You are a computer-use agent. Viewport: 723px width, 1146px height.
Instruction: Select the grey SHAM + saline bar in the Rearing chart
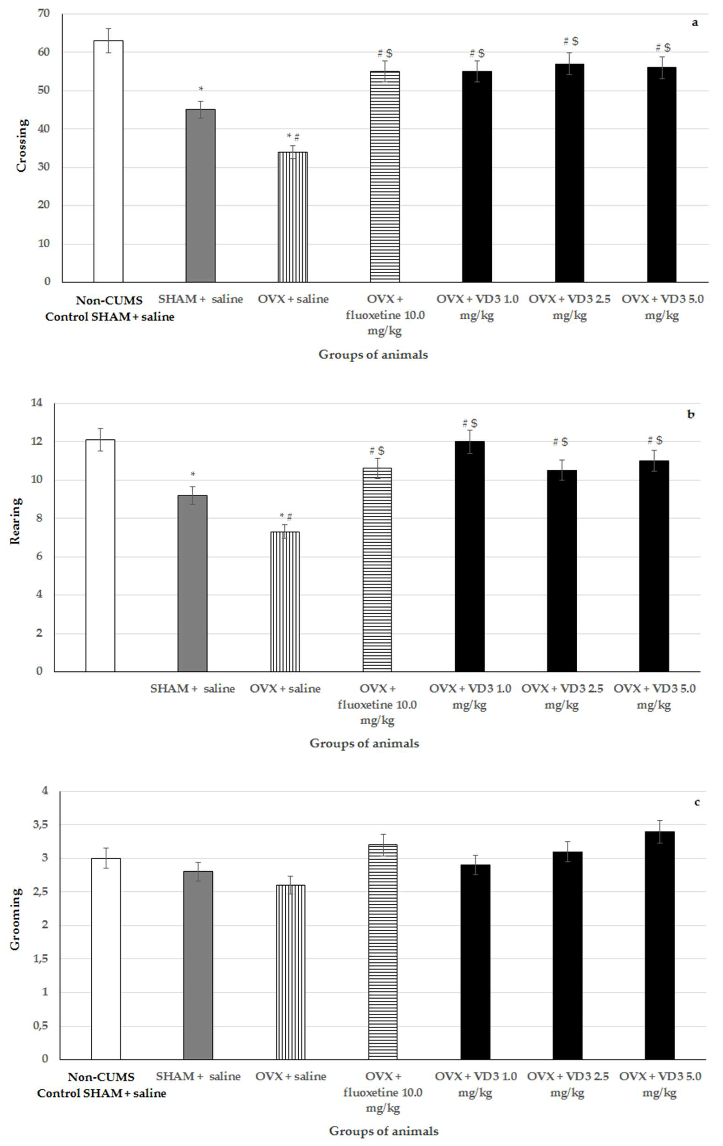point(192,583)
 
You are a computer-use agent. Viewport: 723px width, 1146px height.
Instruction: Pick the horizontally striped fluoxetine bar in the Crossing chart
point(385,176)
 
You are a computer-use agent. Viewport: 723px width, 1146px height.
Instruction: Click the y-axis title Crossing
point(21,145)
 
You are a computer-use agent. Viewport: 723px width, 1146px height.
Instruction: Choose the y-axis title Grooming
point(16,919)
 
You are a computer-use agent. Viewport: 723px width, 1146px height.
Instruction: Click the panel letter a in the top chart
point(695,22)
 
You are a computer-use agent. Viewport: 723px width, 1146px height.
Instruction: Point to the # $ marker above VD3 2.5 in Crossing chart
point(570,41)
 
